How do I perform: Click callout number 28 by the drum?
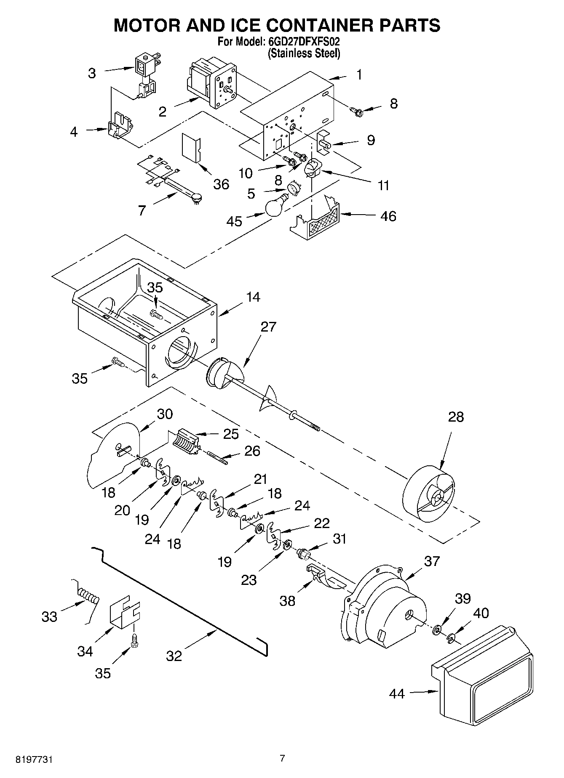[x=456, y=417]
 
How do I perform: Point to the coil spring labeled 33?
[x=90, y=596]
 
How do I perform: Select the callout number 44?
[x=397, y=693]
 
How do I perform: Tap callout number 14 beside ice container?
[x=253, y=297]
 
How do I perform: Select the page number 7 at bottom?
[x=282, y=758]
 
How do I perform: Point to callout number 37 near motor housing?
[x=432, y=561]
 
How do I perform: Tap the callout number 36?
[x=221, y=184]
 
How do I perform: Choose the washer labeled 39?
[x=436, y=629]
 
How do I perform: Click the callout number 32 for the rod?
[x=174, y=655]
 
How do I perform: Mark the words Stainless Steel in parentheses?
[x=304, y=53]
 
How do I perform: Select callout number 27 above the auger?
[x=268, y=327]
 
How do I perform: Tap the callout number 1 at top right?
[x=359, y=74]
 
